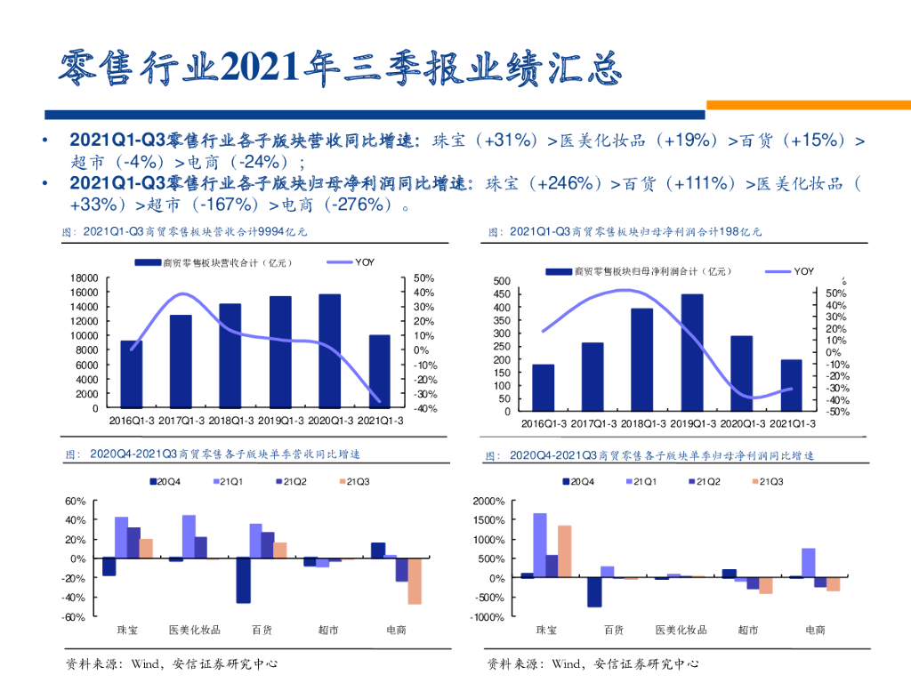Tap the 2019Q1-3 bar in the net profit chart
coord(692,352)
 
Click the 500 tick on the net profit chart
coord(503,282)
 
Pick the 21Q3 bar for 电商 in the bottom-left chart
coord(415,581)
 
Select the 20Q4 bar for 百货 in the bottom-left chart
coord(243,580)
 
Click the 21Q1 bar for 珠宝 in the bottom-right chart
coord(539,545)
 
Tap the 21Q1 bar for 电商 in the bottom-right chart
coord(809,563)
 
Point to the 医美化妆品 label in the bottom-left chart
coord(195,631)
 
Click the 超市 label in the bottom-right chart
coord(748,631)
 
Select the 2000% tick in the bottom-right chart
coord(488,502)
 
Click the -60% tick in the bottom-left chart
coord(74,617)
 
